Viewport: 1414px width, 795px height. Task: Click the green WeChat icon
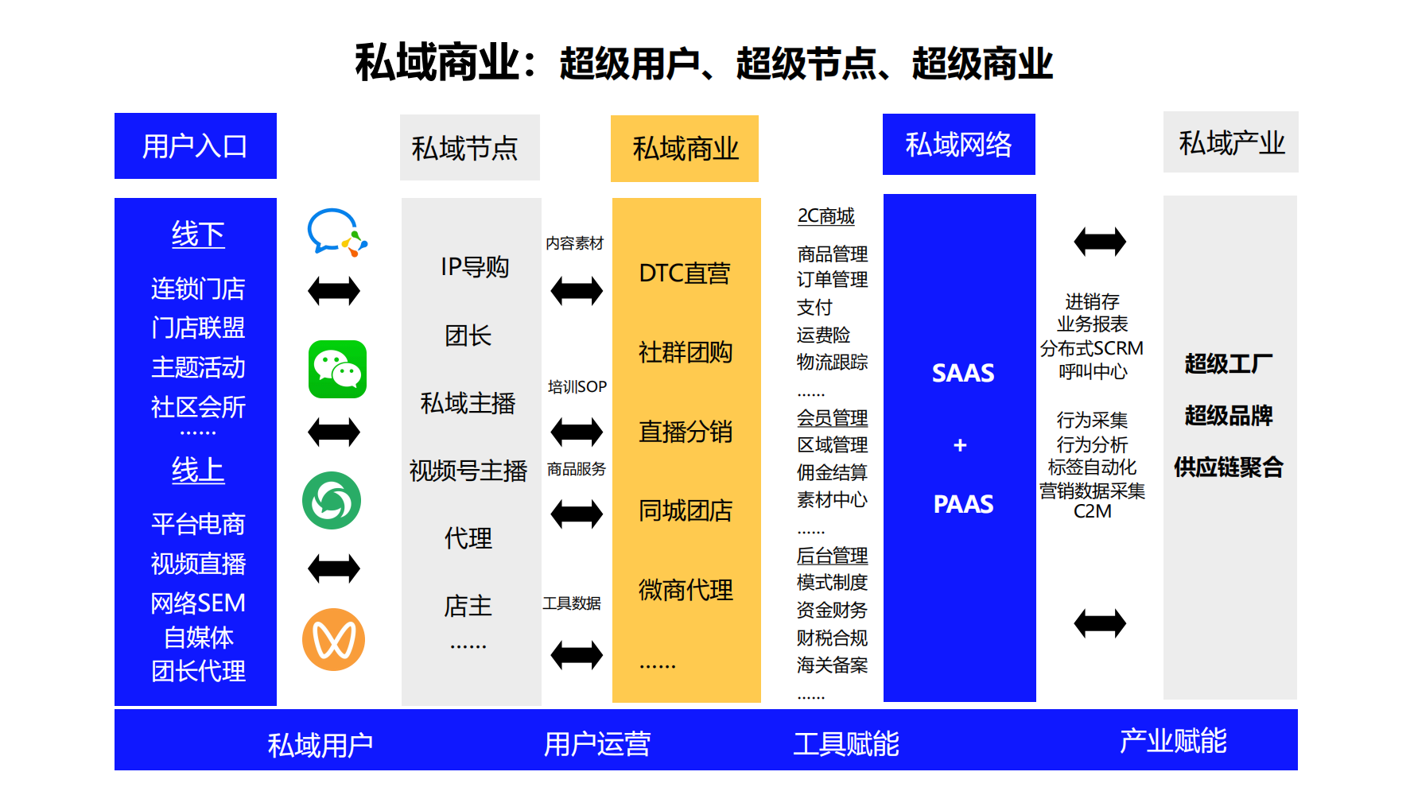337,370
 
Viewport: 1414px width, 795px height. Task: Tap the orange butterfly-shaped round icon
333,639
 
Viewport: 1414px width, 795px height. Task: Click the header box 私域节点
469,148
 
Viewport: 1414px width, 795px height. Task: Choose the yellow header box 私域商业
685,149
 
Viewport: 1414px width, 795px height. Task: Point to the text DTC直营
685,273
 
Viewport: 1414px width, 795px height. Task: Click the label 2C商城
825,216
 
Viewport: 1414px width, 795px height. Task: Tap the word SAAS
963,373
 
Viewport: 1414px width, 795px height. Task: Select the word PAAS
963,504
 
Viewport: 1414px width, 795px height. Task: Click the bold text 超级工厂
1229,363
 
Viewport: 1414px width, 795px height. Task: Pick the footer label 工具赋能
846,744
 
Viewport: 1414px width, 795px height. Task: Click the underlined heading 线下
198,235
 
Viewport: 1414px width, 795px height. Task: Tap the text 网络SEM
198,603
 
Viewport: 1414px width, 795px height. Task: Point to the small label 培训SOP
577,387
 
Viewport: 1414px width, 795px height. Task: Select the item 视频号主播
468,471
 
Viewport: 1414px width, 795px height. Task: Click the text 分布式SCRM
1092,348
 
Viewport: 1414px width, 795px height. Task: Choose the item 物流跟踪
832,362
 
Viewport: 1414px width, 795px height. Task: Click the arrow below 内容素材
577,291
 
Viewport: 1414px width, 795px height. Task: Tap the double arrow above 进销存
1100,241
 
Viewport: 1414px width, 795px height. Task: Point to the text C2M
1092,512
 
